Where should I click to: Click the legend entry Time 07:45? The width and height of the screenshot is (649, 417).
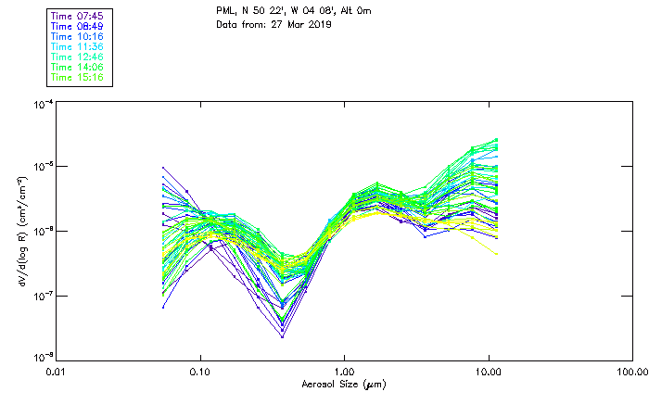(x=78, y=16)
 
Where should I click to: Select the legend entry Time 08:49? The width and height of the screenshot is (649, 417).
(x=78, y=26)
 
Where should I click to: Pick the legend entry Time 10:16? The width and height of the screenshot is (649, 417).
(x=78, y=36)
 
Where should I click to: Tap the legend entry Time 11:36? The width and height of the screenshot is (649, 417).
(x=78, y=46)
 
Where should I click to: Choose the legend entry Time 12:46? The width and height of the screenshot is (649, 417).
(x=78, y=57)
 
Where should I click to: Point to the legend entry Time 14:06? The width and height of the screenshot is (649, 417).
(x=78, y=67)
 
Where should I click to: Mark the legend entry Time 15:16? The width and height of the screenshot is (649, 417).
(x=78, y=77)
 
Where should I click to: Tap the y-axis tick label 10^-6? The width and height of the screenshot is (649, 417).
(x=43, y=230)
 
